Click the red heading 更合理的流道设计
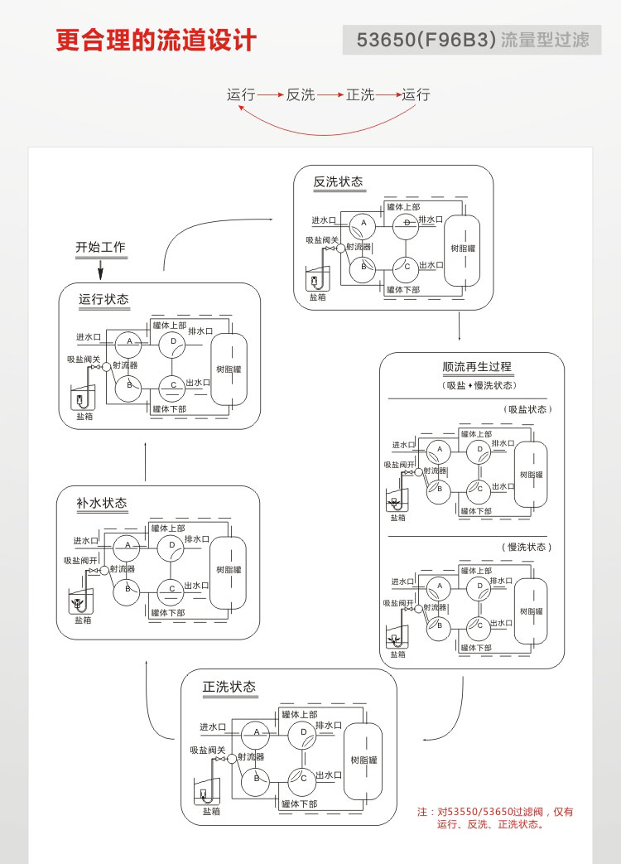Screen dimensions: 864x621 (x=156, y=40)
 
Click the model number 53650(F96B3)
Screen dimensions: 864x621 (x=425, y=40)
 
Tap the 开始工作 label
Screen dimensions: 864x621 (x=100, y=247)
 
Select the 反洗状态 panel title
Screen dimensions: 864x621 (x=338, y=182)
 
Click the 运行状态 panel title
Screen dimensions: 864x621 (x=103, y=299)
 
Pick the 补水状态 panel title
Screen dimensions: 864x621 (x=102, y=503)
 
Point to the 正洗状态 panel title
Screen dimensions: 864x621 (x=229, y=687)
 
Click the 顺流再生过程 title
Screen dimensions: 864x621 (x=477, y=367)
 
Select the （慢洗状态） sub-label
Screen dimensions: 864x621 (x=527, y=547)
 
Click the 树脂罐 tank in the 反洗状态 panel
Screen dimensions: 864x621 (x=463, y=248)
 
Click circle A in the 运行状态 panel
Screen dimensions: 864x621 (x=129, y=341)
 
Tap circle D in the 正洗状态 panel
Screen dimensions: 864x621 (x=304, y=732)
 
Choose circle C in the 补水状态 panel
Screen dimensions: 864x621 (x=171, y=588)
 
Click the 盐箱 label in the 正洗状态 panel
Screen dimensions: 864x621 (x=211, y=811)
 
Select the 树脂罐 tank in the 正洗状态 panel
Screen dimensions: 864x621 (x=363, y=760)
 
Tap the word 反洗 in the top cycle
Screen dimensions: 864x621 (x=301, y=95)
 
